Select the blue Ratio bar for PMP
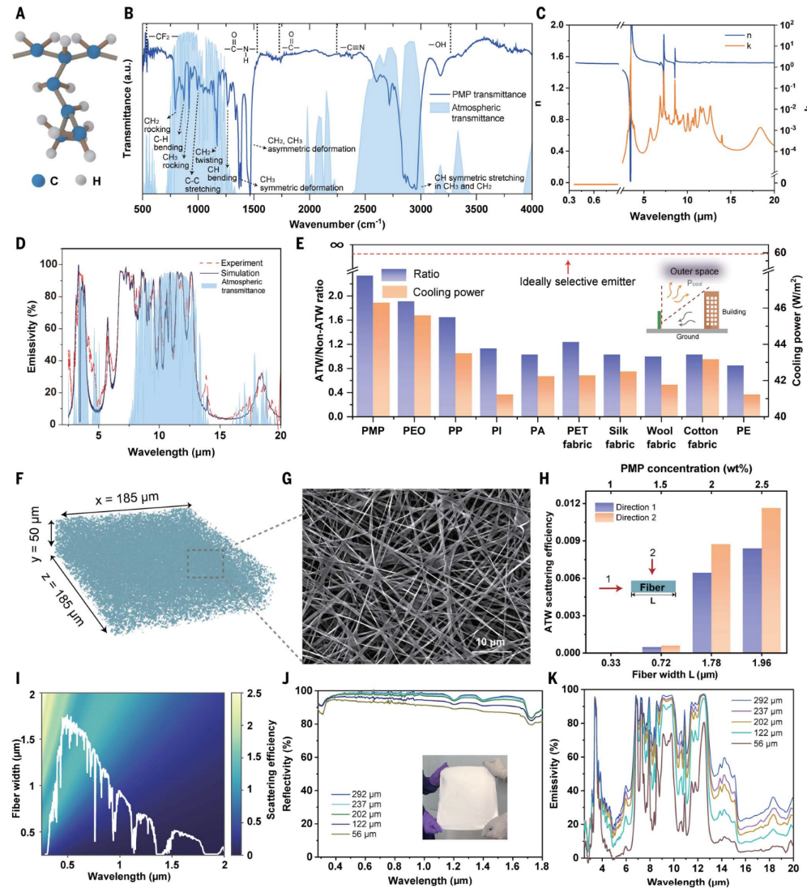tap(365, 346)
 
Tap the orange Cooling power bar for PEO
tap(421, 365)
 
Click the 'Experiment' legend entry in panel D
tap(234, 263)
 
